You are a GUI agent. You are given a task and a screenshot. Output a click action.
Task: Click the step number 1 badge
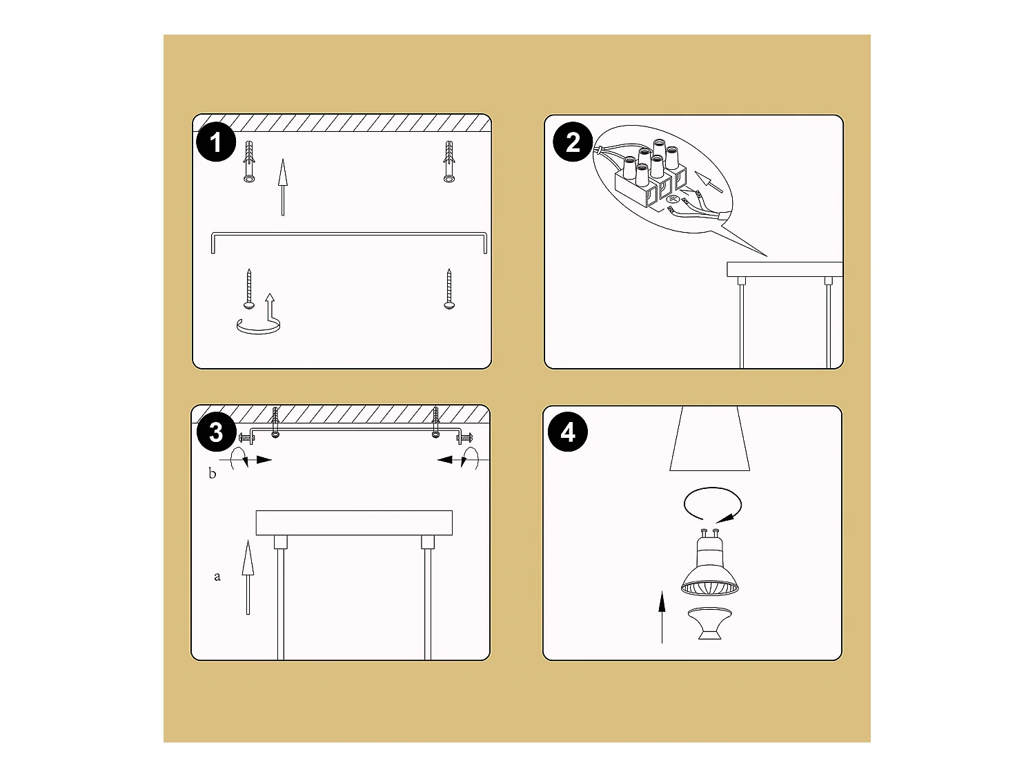(216, 143)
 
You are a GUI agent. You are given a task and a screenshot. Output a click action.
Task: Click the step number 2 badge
(573, 143)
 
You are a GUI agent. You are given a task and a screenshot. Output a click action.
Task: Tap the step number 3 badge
(216, 433)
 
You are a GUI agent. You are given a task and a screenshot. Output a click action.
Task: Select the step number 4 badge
(568, 432)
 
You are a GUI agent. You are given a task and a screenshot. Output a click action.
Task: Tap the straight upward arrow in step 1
(282, 186)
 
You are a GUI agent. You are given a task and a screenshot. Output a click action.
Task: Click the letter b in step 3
(213, 474)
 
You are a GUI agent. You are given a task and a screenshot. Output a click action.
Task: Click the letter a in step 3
(217, 576)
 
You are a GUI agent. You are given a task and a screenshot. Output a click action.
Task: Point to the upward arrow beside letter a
(248, 577)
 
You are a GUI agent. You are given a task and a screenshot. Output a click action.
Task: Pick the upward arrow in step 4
(662, 616)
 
